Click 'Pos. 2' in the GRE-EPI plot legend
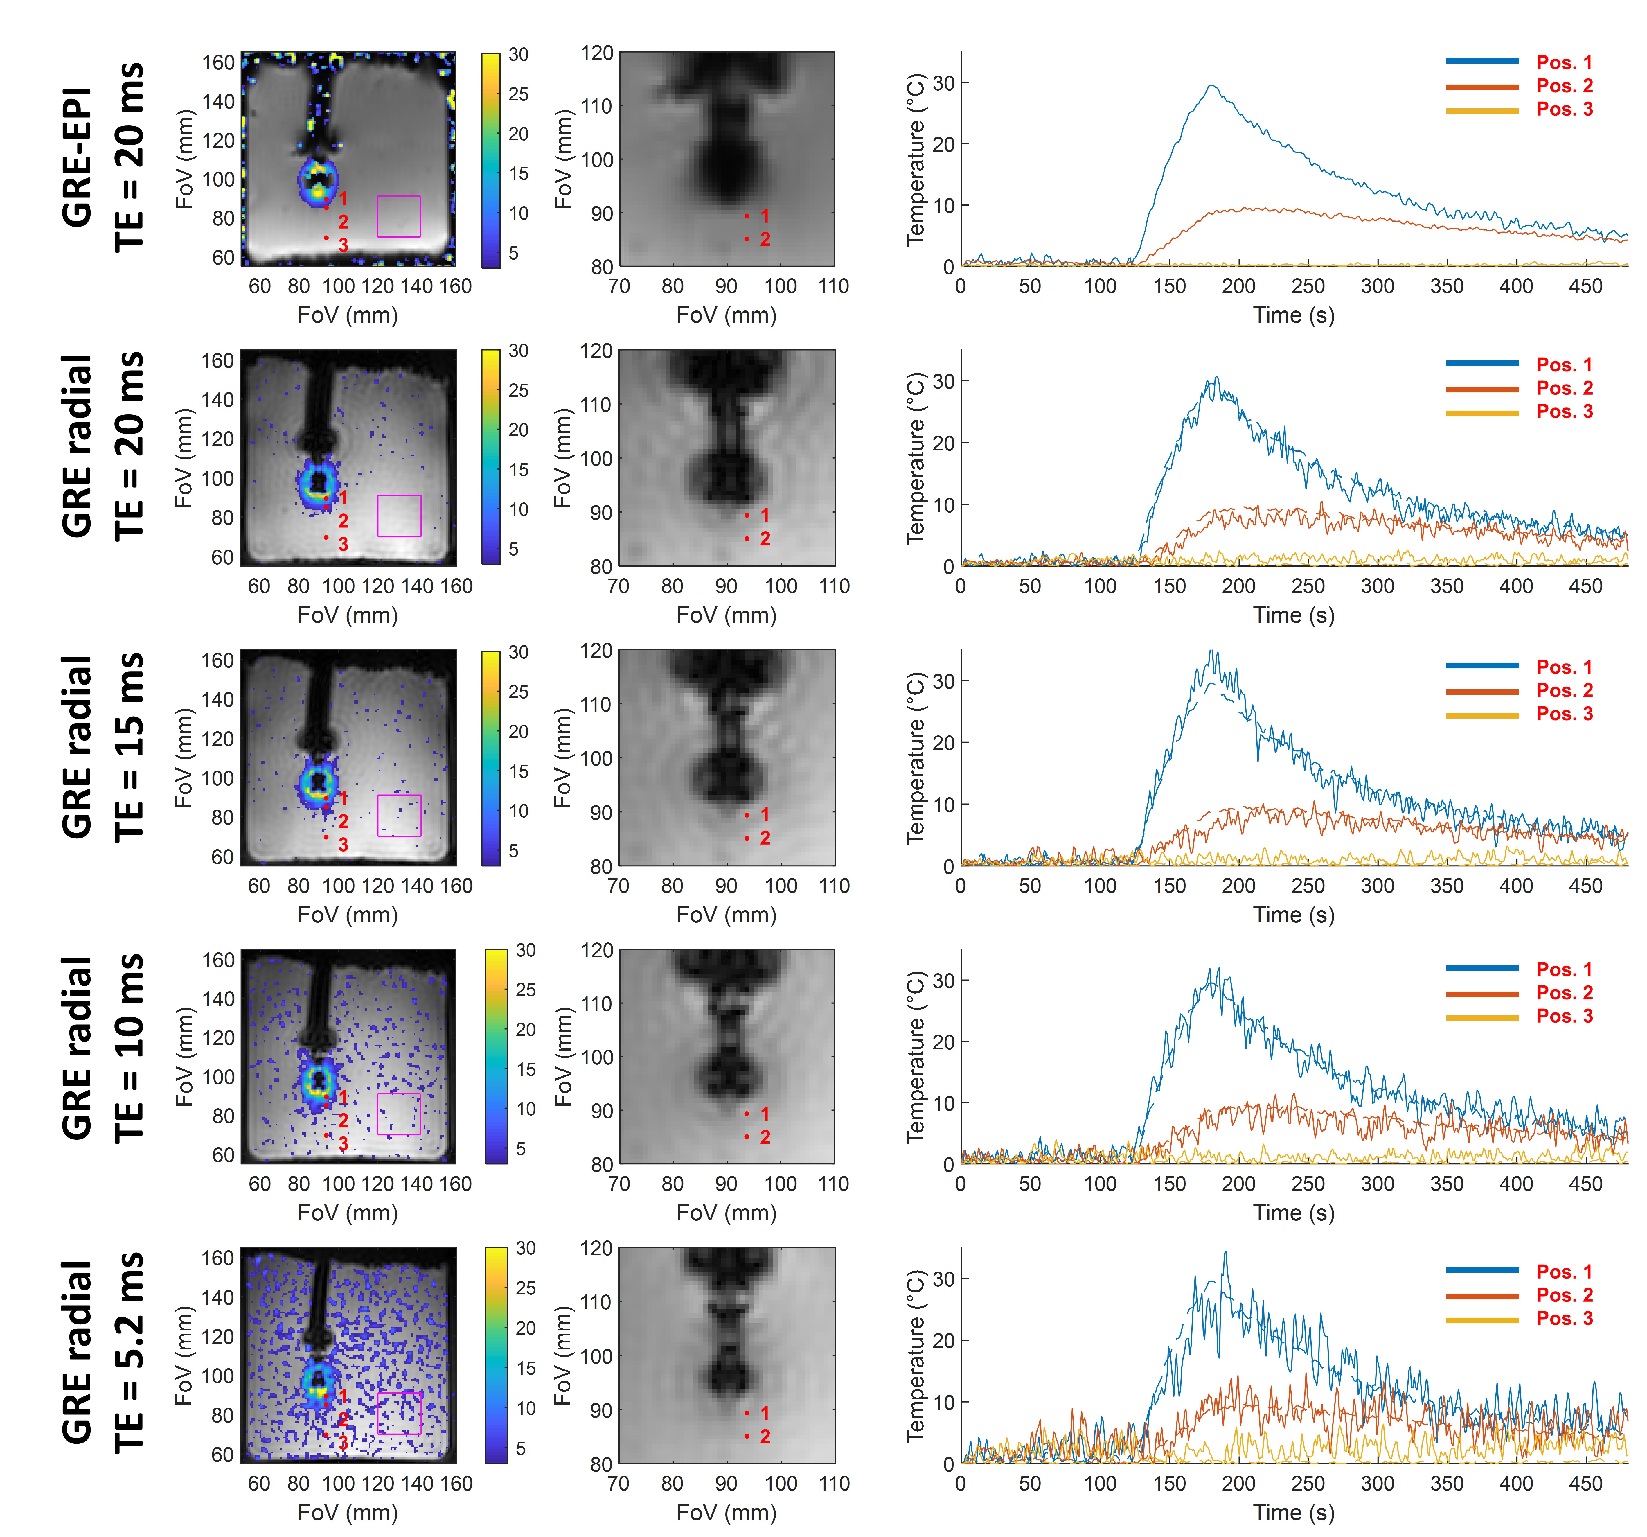[x=1564, y=85]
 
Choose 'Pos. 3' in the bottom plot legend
[x=1564, y=1318]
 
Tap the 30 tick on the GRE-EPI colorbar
[x=519, y=55]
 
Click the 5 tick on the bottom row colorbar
[x=521, y=1448]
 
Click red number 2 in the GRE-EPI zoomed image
[x=765, y=239]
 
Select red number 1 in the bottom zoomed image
[x=765, y=1413]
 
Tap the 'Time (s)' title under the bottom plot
[x=1293, y=1512]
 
